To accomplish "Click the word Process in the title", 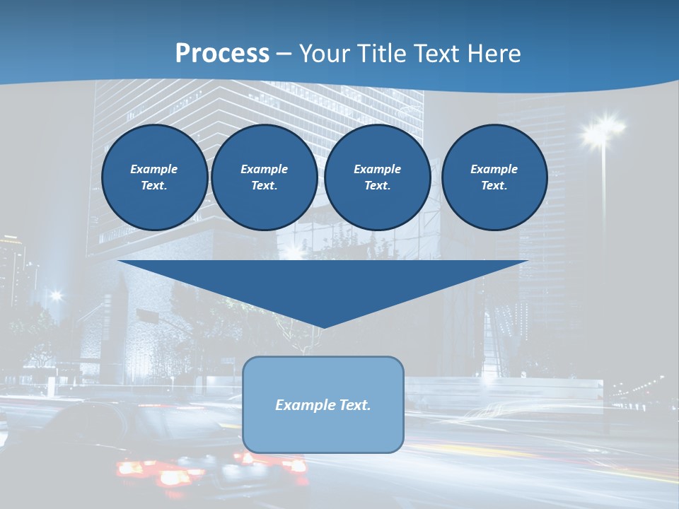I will point(222,54).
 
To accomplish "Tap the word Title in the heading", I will point(383,54).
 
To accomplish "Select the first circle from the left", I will point(154,177).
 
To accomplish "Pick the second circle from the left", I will point(265,177).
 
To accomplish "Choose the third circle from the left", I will point(378,177).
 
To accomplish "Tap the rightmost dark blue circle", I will point(494,177).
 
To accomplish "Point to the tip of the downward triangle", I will point(323,327).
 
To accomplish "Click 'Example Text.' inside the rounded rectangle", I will point(323,405).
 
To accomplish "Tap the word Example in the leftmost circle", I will point(154,169).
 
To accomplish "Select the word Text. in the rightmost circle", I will point(494,186).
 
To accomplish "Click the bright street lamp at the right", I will point(602,129).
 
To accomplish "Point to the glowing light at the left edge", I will point(55,296).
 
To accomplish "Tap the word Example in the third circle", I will point(378,169).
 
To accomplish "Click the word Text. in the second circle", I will point(265,186).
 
